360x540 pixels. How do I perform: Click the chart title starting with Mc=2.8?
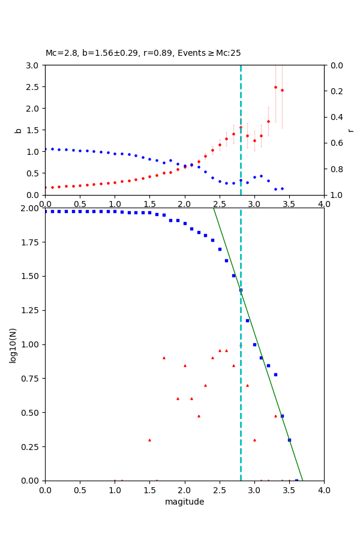point(143,53)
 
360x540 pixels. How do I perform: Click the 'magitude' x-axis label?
point(184,502)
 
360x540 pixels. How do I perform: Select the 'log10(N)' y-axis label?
point(13,345)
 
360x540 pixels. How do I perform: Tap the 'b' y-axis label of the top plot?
point(18,130)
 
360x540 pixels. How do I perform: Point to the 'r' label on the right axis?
point(350,130)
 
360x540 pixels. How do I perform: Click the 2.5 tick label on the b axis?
point(34,87)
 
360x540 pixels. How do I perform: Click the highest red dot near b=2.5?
point(275,87)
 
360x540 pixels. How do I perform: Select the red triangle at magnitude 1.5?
point(149,440)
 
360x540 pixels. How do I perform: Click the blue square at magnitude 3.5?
point(289,440)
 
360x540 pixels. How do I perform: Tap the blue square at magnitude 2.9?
point(247,320)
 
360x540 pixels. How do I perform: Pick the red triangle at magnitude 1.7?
point(164,358)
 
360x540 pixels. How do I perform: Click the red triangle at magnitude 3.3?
point(275,416)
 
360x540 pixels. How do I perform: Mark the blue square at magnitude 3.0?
point(254,344)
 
